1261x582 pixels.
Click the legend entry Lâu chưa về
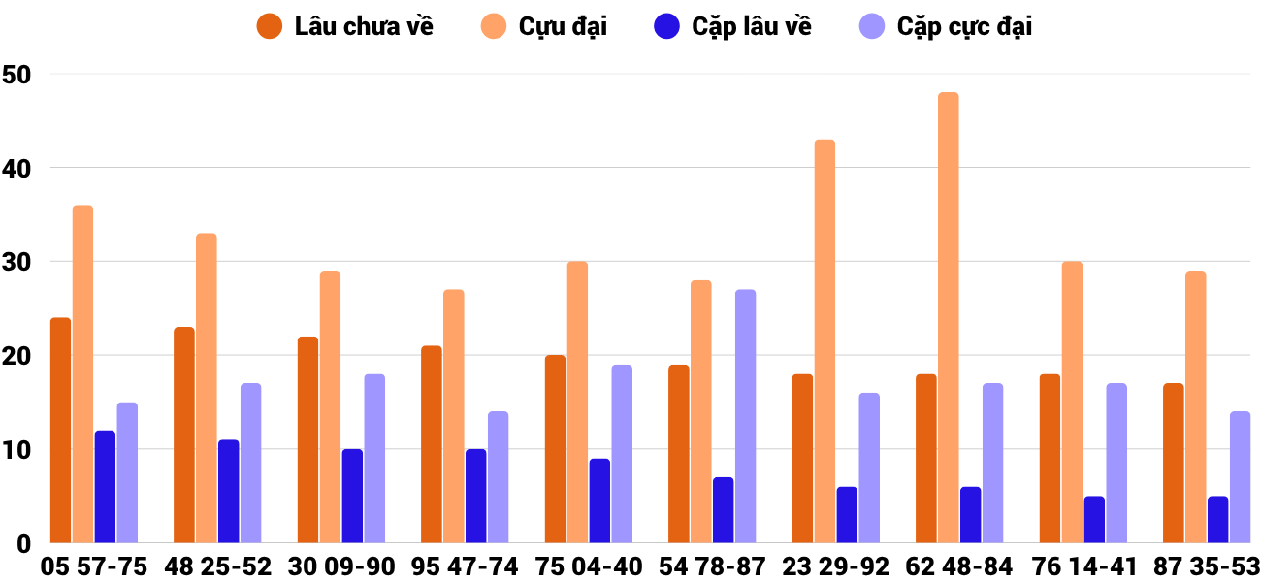click(344, 26)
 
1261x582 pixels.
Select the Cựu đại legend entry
click(544, 26)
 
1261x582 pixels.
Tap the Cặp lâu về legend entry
click(732, 26)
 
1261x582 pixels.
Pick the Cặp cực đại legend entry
click(945, 26)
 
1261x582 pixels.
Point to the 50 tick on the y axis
click(17, 74)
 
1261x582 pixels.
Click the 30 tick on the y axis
click(17, 262)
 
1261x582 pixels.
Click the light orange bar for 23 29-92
click(824, 340)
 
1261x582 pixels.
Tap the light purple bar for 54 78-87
click(745, 416)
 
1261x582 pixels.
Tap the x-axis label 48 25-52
click(217, 566)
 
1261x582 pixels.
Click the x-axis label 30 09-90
click(341, 566)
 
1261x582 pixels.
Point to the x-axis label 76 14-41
click(1083, 566)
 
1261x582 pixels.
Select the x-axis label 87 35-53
click(1207, 566)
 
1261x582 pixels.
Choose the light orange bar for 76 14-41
click(1072, 402)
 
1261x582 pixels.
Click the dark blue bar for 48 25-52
click(228, 491)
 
